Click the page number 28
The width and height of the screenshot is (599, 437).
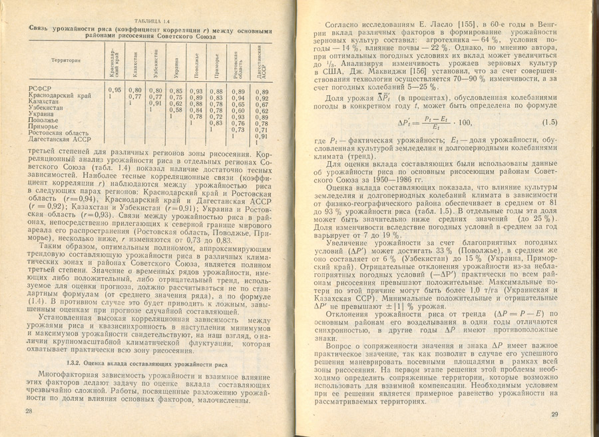29,412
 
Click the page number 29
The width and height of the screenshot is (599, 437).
554,414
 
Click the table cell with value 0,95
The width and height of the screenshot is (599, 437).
114,90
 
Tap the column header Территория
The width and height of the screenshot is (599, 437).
64,60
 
